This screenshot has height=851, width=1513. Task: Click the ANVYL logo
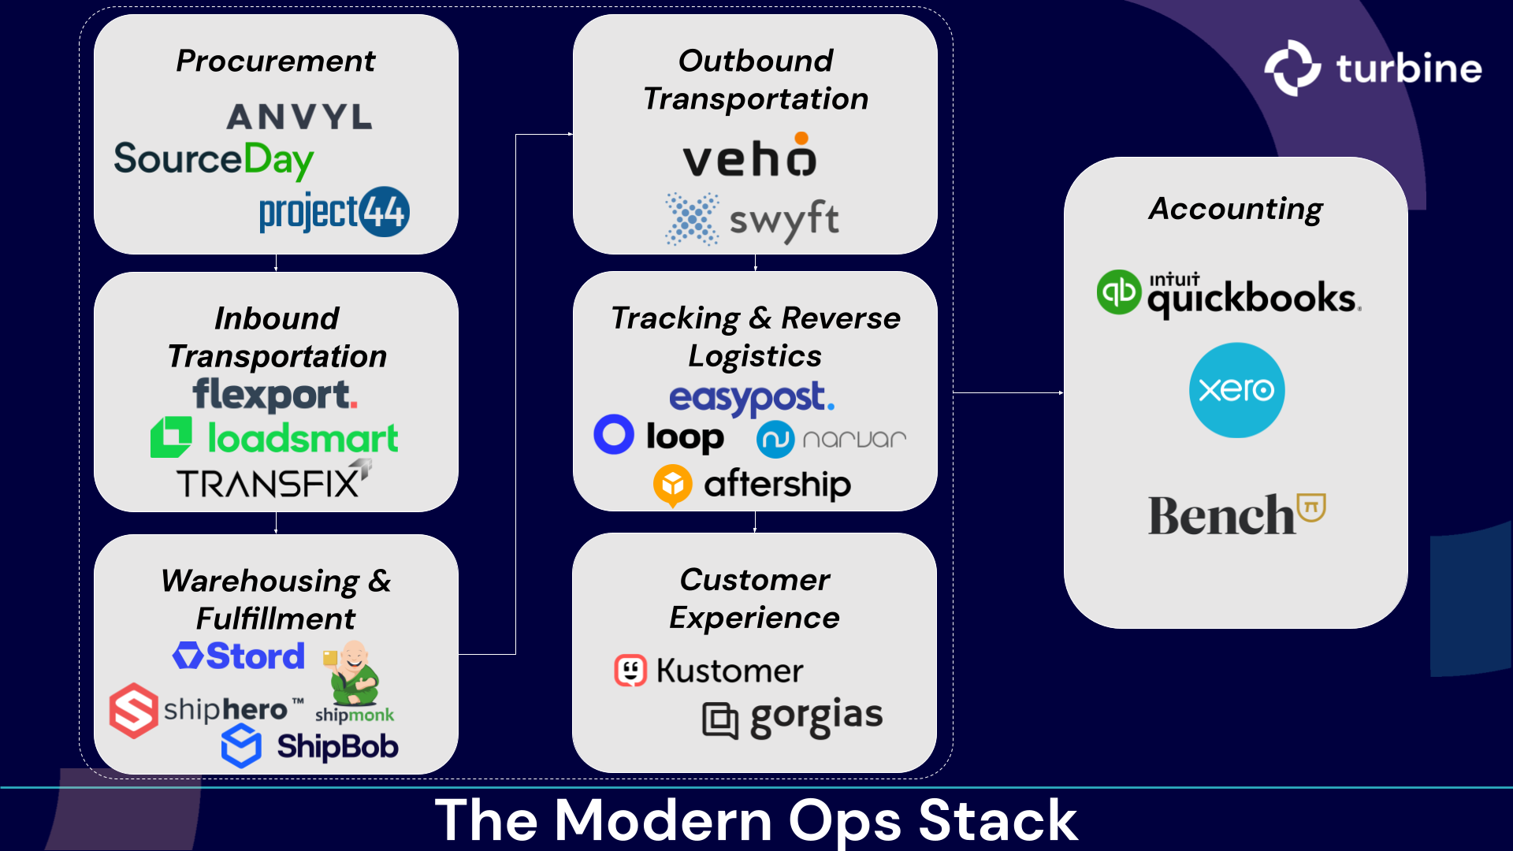coord(299,117)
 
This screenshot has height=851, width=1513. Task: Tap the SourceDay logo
coord(214,160)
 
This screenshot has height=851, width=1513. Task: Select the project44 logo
coord(334,212)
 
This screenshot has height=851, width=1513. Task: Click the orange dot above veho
coord(801,139)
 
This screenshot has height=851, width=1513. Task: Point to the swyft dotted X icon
coord(692,219)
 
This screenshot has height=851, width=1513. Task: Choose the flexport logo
coord(275,395)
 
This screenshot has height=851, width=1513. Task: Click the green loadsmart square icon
coord(171,437)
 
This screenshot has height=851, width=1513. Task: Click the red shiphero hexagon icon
coord(133,710)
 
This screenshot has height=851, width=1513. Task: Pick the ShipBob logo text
coord(337,746)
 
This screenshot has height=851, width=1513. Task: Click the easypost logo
coord(751,398)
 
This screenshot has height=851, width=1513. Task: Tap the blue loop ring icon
coord(614,434)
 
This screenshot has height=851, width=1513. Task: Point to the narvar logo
coord(831,439)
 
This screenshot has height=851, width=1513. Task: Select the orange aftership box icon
coord(672,485)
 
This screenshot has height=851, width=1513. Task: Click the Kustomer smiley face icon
coord(630,671)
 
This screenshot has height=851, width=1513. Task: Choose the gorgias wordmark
coord(816,716)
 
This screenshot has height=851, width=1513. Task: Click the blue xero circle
coord(1236,390)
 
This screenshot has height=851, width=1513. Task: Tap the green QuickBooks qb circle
coord(1118,292)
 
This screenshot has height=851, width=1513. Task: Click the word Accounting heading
coord(1235,209)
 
